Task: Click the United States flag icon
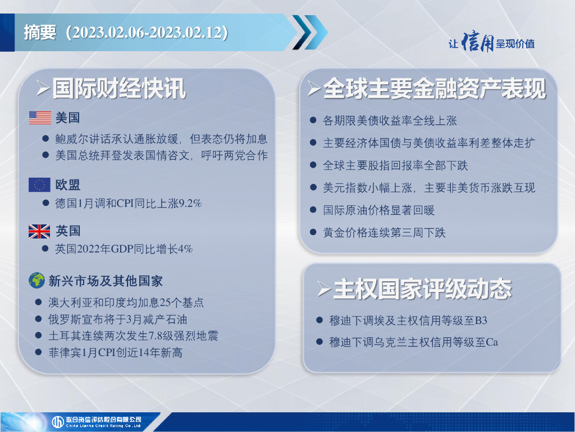tap(40, 118)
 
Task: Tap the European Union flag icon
tap(40, 184)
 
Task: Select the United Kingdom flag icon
tap(40, 231)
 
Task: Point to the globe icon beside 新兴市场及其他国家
tap(36, 281)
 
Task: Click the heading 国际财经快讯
tap(119, 88)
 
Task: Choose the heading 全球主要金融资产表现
tap(435, 88)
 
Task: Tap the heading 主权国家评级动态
tap(422, 289)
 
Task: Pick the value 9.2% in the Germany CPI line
tap(190, 203)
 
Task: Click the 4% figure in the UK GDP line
tap(185, 249)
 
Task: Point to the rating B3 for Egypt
tap(481, 321)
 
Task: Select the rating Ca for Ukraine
tap(492, 343)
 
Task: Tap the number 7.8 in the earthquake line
tap(155, 336)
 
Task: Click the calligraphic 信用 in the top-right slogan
tap(477, 42)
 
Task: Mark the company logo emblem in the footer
tap(58, 422)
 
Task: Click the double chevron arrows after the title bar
tap(310, 32)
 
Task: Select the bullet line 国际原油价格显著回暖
tap(379, 210)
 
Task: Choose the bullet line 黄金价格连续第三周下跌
tap(384, 233)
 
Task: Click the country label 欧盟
tap(68, 184)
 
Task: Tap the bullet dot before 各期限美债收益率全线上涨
tap(313, 120)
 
